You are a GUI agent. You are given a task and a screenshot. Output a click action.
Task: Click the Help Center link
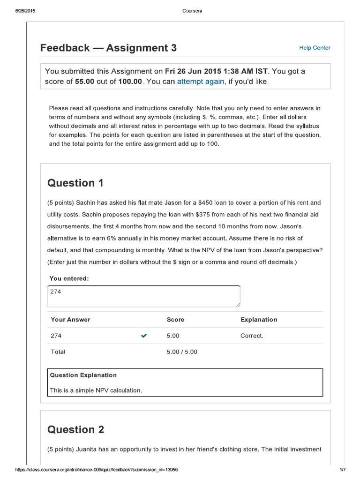[315, 48]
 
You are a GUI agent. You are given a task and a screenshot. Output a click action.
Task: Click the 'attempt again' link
[200, 82]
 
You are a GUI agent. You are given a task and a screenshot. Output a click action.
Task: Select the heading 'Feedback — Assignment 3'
[108, 48]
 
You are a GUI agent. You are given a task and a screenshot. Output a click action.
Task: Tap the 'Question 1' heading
[75, 183]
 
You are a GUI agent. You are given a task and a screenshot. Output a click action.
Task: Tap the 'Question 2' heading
[75, 429]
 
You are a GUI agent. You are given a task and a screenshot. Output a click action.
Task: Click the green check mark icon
[143, 336]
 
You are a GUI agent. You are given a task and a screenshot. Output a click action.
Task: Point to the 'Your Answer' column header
[70, 320]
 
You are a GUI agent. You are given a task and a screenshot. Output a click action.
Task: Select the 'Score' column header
[175, 320]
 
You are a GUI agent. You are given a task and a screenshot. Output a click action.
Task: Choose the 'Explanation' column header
[258, 320]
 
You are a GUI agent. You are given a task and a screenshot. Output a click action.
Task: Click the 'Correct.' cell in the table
[252, 336]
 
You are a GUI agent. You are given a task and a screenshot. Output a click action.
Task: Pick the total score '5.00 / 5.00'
[182, 352]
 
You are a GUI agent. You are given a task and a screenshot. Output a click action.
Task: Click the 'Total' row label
[58, 352]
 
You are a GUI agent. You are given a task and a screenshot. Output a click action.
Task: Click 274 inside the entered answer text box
[56, 292]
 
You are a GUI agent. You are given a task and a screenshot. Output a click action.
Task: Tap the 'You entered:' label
[69, 278]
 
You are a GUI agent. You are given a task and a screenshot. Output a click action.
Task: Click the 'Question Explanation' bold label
[83, 375]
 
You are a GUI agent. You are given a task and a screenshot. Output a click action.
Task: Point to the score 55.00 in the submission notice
[84, 82]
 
